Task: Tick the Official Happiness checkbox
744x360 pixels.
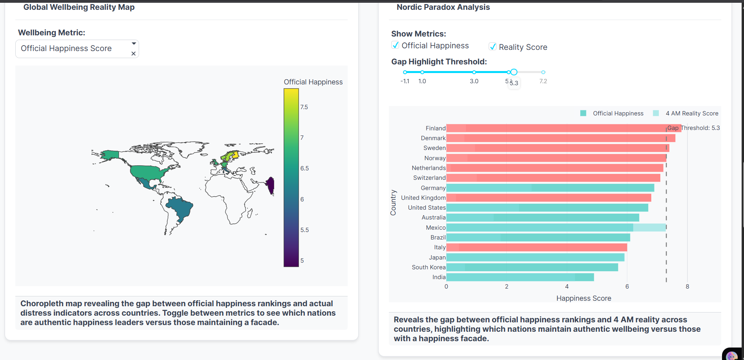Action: [396, 45]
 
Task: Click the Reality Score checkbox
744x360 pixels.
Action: [493, 47]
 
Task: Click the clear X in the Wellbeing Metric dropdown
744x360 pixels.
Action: [134, 54]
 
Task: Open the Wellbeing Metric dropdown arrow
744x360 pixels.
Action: [134, 44]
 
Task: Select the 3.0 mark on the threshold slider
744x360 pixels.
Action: [474, 72]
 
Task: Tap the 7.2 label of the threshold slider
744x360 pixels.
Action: [543, 81]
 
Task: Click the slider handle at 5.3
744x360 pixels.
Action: [514, 72]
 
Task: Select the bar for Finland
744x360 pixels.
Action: [564, 128]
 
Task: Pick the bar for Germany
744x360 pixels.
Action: [550, 188]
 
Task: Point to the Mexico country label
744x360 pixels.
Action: [436, 228]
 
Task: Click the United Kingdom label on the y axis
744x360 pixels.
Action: [423, 198]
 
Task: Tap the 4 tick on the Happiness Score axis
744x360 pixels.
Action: [567, 287]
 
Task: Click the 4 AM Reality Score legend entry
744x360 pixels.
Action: [692, 113]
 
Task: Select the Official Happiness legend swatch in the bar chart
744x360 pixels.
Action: [583, 113]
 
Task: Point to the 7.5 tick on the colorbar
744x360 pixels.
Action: [304, 107]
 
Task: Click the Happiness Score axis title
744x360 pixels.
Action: [584, 298]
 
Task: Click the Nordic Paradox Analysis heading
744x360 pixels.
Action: [443, 7]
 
